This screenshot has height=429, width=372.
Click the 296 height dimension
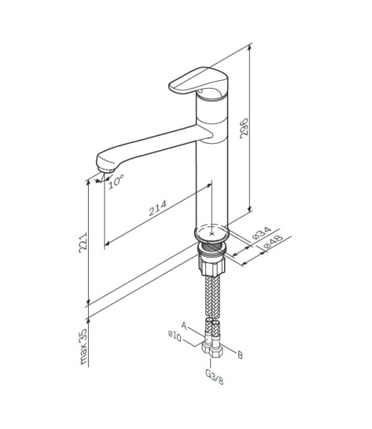click(x=244, y=128)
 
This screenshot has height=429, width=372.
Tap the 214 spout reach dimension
click(x=157, y=208)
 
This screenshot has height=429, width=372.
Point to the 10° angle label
click(x=116, y=182)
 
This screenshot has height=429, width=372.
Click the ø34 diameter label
click(x=261, y=233)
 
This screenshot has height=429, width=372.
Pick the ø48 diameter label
click(x=273, y=242)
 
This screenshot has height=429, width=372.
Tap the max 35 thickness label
click(x=83, y=346)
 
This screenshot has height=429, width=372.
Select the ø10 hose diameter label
click(x=175, y=336)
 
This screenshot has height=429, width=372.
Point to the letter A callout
click(x=185, y=325)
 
